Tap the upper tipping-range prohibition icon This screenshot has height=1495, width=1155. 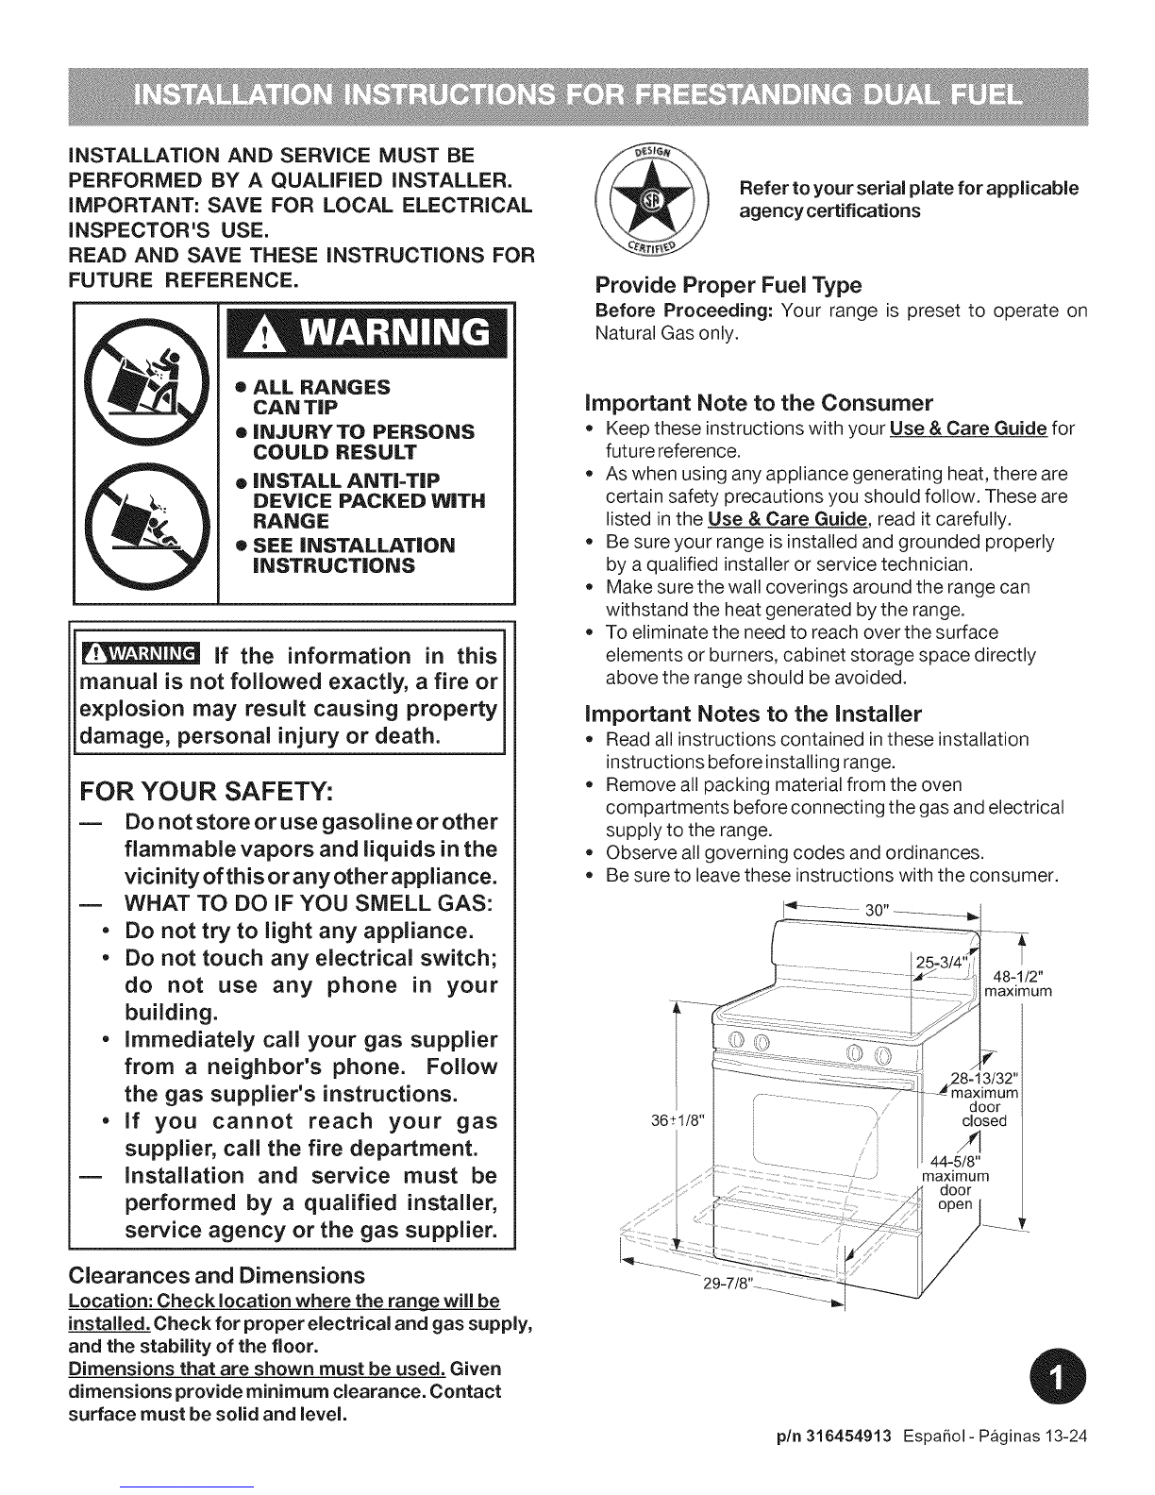tap(146, 382)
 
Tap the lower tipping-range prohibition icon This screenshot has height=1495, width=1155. tap(146, 527)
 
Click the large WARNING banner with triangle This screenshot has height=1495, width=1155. tap(367, 333)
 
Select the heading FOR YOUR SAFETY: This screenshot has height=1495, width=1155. tap(207, 792)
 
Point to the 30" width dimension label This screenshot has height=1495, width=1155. tap(877, 910)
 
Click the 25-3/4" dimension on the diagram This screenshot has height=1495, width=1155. tap(941, 962)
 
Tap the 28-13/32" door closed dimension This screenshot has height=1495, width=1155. tap(984, 1099)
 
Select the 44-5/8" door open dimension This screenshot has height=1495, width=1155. tap(956, 1183)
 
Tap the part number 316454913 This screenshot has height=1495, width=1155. tap(848, 1436)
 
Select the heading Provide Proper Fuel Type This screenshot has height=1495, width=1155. tap(728, 285)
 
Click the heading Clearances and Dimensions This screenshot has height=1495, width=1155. tap(216, 1275)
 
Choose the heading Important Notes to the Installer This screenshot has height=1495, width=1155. tap(753, 714)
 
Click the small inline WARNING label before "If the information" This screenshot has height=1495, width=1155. tap(141, 653)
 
